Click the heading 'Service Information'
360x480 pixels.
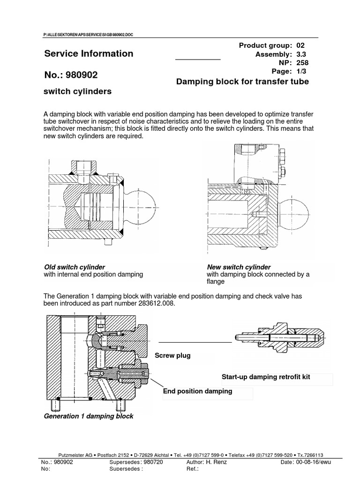(89, 53)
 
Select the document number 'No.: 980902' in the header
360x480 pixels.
(71, 74)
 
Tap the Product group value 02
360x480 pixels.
(300, 45)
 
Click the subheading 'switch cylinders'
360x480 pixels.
(77, 91)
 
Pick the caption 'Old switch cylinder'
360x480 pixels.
(74, 267)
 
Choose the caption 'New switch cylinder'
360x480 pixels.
(239, 267)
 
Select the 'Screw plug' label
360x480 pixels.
(172, 356)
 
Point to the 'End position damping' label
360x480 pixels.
(197, 391)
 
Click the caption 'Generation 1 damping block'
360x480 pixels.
(89, 416)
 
